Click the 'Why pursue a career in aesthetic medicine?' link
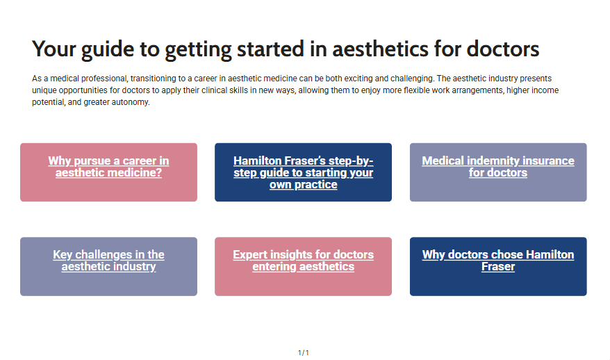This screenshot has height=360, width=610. [x=108, y=167]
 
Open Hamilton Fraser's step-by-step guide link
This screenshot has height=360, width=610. [x=304, y=172]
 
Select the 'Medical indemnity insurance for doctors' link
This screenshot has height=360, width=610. [x=498, y=167]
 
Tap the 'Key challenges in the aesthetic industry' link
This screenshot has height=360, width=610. [x=108, y=261]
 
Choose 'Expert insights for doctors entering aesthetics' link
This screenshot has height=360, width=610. [x=304, y=261]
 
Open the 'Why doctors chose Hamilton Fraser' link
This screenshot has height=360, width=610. [x=498, y=261]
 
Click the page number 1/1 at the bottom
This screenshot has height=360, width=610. [x=304, y=352]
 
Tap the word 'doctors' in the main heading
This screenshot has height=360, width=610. [x=502, y=49]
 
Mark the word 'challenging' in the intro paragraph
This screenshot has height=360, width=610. [x=412, y=79]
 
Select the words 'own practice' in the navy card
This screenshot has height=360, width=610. [x=304, y=184]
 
